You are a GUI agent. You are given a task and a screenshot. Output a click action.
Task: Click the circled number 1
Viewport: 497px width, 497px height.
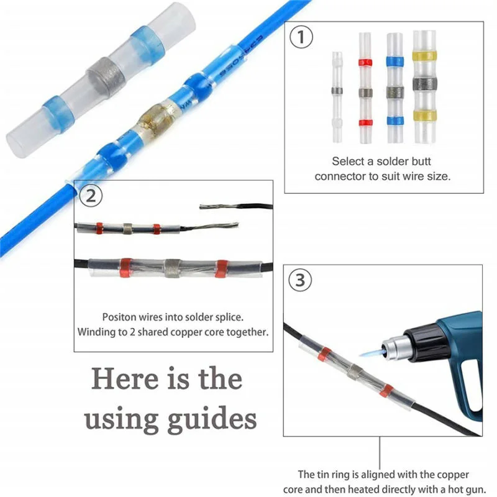[x=301, y=37]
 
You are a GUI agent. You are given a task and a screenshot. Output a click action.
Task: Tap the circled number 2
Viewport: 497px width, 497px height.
[x=91, y=196]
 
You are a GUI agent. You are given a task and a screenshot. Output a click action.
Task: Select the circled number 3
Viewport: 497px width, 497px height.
[x=300, y=280]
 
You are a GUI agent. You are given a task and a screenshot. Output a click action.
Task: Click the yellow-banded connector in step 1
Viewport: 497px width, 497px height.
[x=425, y=87]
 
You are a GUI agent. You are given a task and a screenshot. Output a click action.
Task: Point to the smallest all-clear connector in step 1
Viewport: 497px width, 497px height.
[x=337, y=97]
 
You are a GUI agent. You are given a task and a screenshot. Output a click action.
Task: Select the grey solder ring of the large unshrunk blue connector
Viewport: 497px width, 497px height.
[x=105, y=77]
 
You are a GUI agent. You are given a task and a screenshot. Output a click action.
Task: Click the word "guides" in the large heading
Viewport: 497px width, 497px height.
[x=211, y=419]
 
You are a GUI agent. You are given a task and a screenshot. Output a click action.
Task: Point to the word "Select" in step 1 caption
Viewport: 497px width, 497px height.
[x=347, y=162]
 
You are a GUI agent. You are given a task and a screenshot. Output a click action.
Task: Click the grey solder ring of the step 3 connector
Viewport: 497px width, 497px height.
[x=355, y=372]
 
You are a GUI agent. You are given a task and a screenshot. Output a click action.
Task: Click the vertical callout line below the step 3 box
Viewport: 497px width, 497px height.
[x=380, y=454]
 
